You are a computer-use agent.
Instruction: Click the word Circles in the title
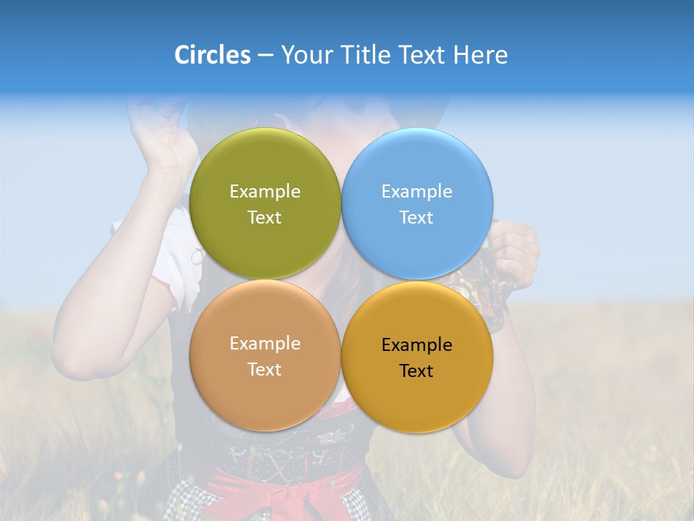click(213, 55)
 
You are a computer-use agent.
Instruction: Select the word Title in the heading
click(365, 55)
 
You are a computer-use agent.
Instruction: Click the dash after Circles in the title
click(265, 56)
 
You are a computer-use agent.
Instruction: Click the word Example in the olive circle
click(265, 191)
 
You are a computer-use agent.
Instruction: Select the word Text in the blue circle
click(416, 218)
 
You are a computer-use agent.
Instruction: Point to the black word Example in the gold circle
click(416, 344)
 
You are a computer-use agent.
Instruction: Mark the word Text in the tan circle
click(265, 370)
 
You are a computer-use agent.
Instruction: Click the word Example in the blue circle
click(416, 191)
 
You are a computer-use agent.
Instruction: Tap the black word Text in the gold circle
click(416, 371)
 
